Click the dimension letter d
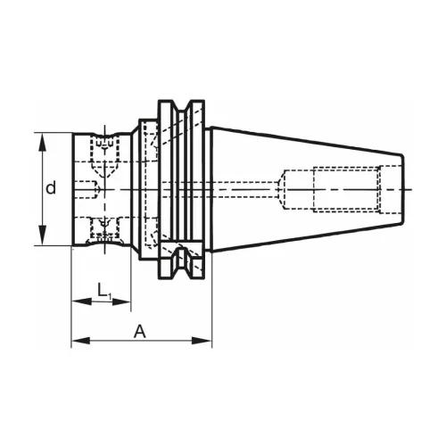click(52, 188)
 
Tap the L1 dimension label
click(103, 290)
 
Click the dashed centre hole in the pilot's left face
click(87, 188)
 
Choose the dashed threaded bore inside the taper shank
click(343, 188)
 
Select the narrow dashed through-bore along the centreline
click(241, 188)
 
